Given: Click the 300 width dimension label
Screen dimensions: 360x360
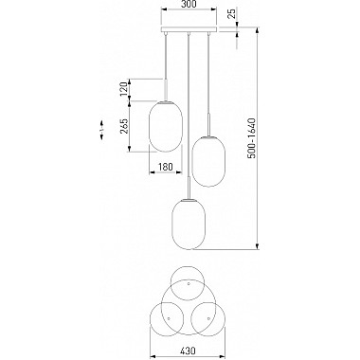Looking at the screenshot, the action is coord(189,4).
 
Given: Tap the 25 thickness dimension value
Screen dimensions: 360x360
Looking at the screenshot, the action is coord(232,14).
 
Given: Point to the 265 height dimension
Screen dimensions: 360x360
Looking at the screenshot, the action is coord(124,126).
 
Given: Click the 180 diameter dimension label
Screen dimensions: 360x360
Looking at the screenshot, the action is coord(166,167).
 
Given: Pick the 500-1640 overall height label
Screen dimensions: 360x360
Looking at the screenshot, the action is coord(252,138).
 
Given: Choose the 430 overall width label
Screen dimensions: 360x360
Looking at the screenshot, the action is coord(188,351).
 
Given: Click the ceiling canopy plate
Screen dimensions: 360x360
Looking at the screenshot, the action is coord(189,29).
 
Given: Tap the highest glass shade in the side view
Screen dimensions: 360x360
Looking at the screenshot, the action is coord(166,126).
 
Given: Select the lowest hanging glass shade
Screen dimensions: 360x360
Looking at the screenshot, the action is coord(189,225).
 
